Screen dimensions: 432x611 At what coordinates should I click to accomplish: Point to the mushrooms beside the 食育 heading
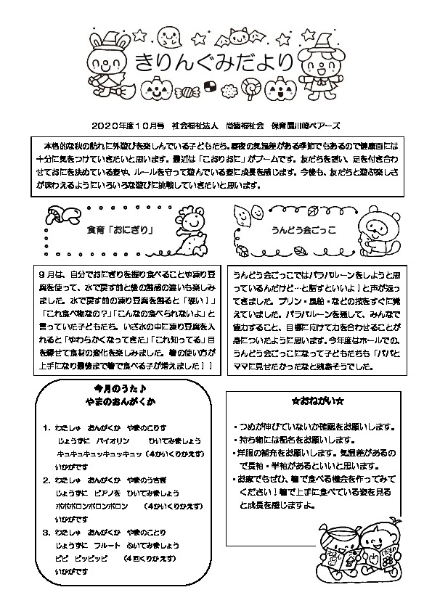coord(57,214)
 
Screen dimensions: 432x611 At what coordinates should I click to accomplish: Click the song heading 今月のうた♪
coord(121,387)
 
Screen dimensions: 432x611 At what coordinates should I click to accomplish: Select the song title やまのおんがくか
coord(121,401)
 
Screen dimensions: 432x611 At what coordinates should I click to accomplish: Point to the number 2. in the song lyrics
coord(46,480)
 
